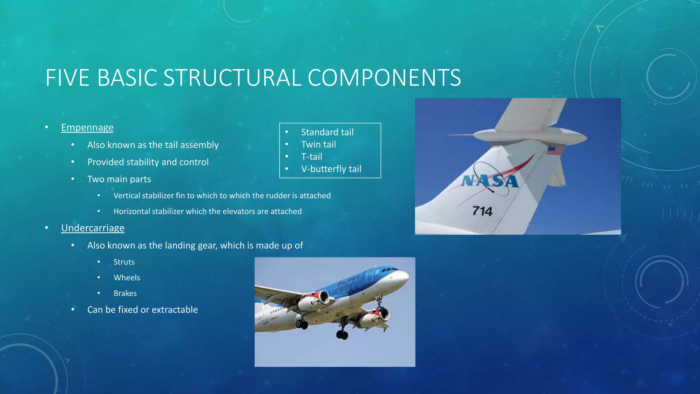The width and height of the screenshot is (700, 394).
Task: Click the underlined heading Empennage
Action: pyautogui.click(x=87, y=128)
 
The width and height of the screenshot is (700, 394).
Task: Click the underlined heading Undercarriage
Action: pyautogui.click(x=93, y=228)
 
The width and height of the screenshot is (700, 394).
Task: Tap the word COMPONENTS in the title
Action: pyautogui.click(x=384, y=78)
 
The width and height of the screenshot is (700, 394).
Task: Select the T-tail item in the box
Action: pyautogui.click(x=311, y=157)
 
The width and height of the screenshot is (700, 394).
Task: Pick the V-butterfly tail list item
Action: pyautogui.click(x=331, y=169)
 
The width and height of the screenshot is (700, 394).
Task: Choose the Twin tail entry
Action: pyautogui.click(x=318, y=145)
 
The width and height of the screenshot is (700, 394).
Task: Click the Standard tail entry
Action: pyautogui.click(x=327, y=132)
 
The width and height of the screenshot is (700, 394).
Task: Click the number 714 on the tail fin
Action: pyautogui.click(x=482, y=211)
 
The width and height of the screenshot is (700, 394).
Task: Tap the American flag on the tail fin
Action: pyautogui.click(x=555, y=150)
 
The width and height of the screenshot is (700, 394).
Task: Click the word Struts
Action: pyautogui.click(x=124, y=262)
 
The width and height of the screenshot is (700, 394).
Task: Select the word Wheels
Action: pyautogui.click(x=127, y=278)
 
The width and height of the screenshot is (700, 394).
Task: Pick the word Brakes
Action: pyautogui.click(x=125, y=294)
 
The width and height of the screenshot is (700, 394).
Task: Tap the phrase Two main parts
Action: pyautogui.click(x=119, y=180)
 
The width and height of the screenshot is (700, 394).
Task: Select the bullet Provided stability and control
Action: pyautogui.click(x=148, y=162)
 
